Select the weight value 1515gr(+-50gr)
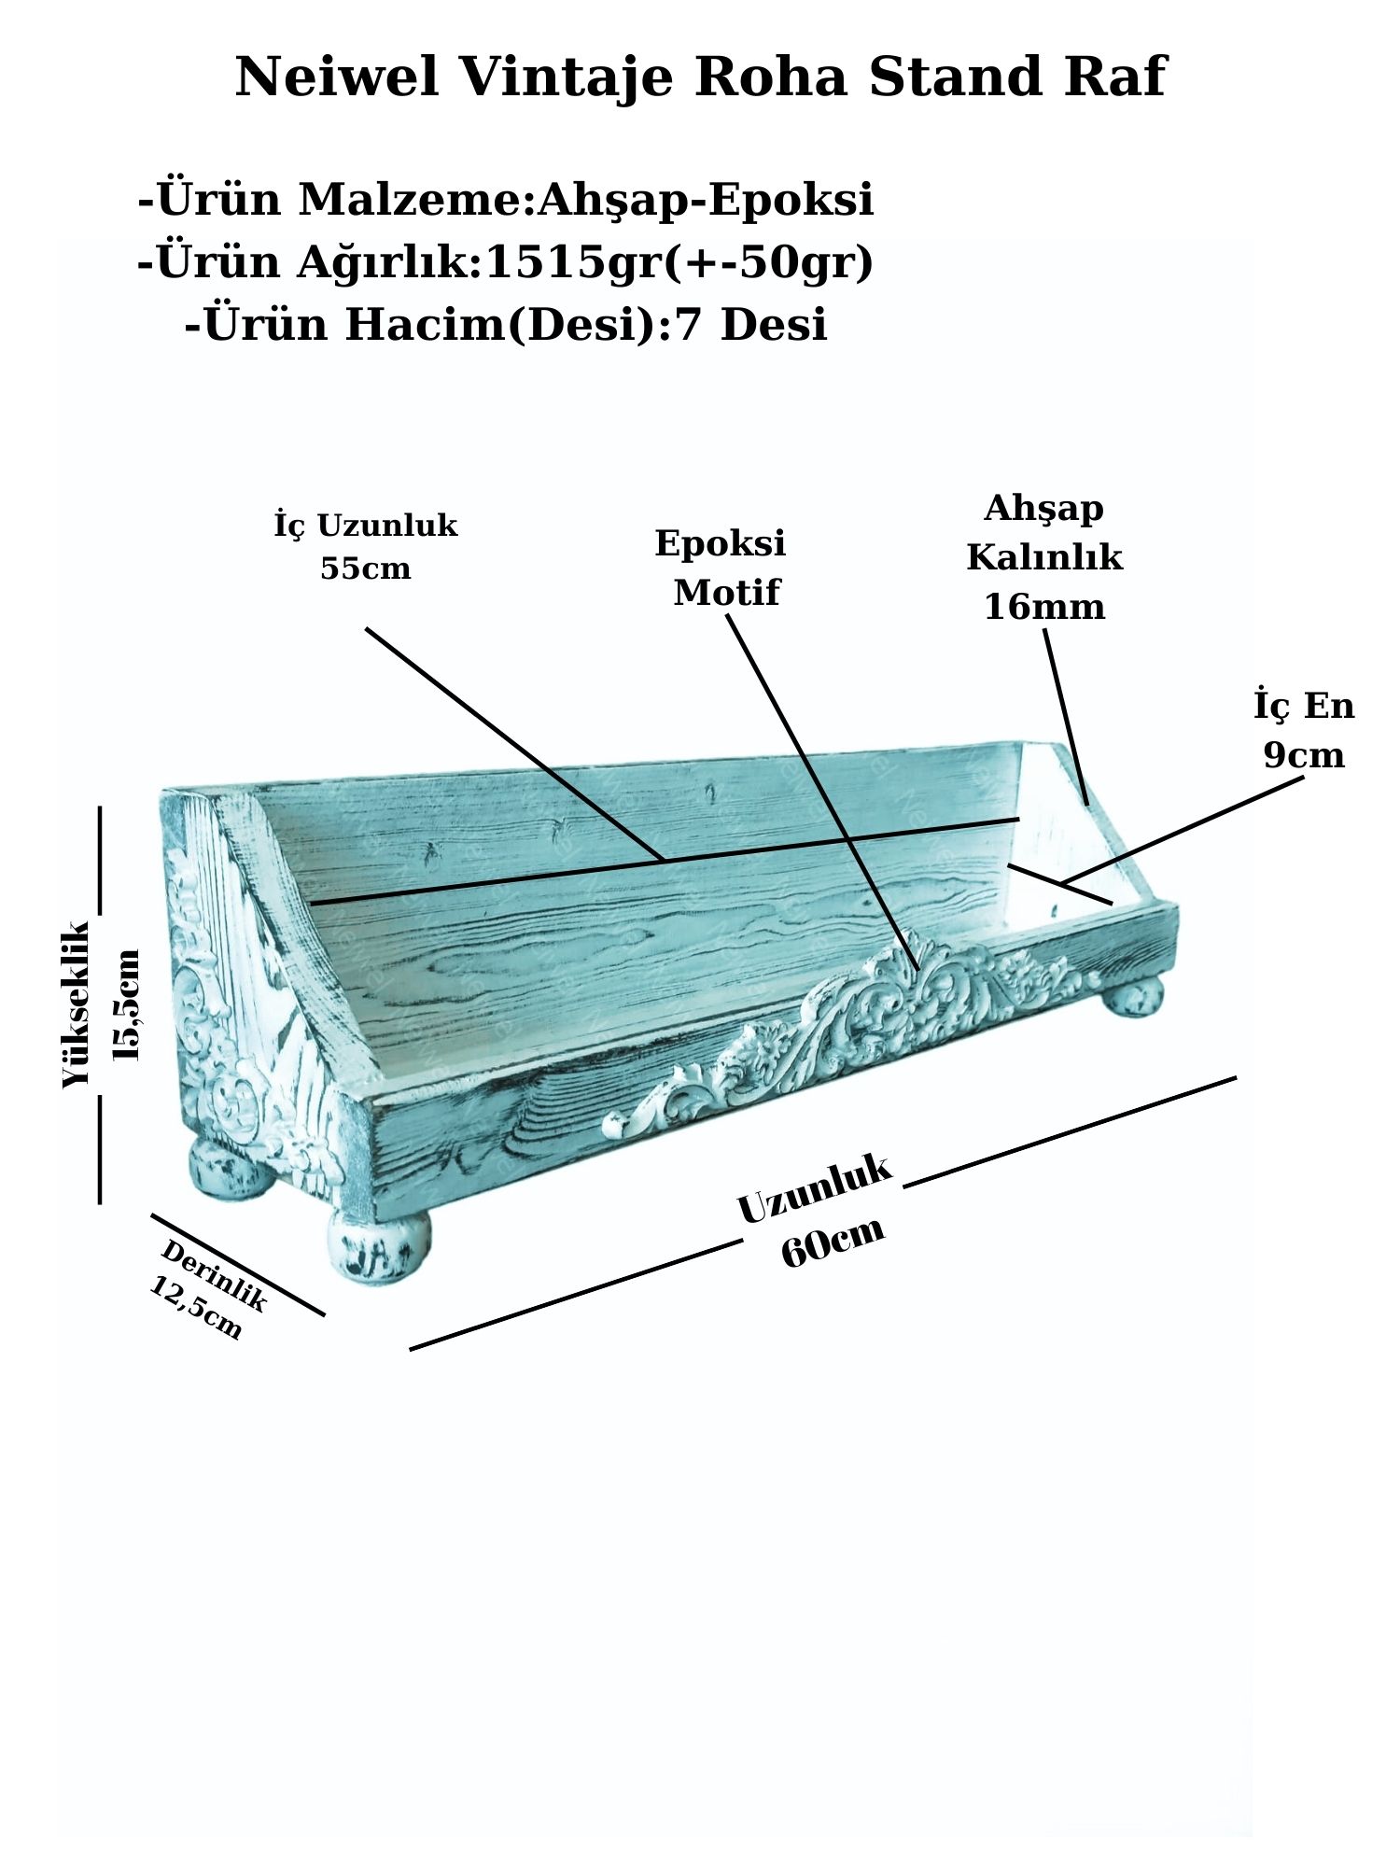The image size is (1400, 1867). pos(679,262)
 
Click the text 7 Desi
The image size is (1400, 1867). pos(750,325)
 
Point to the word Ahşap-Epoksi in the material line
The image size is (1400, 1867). pos(707,200)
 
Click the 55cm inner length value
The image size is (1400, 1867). pos(365,569)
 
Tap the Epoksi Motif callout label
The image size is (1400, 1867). pos(721,568)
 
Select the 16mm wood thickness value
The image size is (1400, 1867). pos(1044,608)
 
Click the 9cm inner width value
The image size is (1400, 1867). pos(1304,755)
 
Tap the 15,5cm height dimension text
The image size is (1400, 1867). pos(126,1004)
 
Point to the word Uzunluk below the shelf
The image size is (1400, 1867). pos(815,1188)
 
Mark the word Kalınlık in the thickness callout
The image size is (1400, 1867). pos(1044,558)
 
